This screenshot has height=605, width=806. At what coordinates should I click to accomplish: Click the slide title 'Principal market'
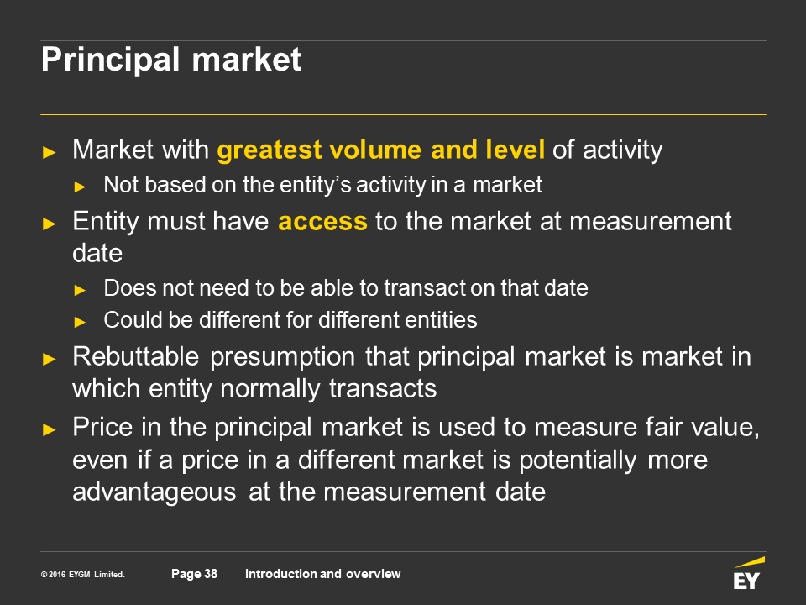click(x=171, y=60)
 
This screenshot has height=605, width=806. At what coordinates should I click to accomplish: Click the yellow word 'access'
click(x=322, y=222)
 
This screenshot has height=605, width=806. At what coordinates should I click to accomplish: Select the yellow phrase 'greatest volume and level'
click(x=381, y=150)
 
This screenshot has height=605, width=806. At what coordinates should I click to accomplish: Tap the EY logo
click(x=749, y=573)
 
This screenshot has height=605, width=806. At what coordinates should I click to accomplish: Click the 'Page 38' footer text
click(x=194, y=574)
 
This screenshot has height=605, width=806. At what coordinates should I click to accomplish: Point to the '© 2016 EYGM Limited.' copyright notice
click(x=83, y=575)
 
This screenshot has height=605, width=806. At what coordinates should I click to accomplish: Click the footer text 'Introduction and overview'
click(x=322, y=574)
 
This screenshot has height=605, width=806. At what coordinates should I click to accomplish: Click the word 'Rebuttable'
click(x=136, y=356)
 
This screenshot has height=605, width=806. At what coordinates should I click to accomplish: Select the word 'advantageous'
click(x=154, y=492)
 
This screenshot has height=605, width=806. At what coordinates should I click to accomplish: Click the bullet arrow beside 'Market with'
click(x=50, y=152)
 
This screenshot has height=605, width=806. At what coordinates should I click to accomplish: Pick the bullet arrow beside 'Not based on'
click(x=80, y=187)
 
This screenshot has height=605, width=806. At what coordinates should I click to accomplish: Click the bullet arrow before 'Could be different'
click(x=80, y=322)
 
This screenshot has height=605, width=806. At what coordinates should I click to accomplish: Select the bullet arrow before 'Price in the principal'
click(x=50, y=429)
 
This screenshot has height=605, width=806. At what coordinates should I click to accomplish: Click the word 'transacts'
click(x=383, y=389)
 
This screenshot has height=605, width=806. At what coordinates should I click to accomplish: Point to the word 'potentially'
click(x=578, y=460)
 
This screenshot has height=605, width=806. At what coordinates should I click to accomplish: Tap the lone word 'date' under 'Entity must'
click(x=97, y=254)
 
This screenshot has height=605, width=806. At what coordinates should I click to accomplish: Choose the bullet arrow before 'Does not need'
click(x=80, y=290)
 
